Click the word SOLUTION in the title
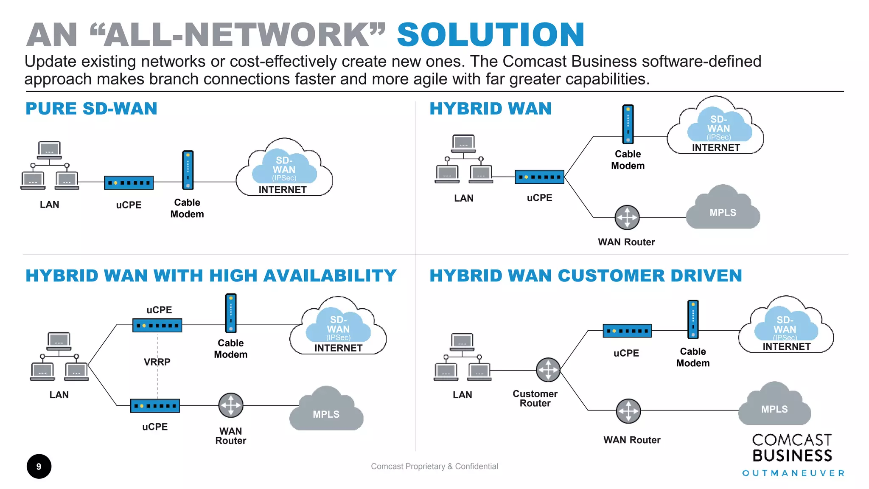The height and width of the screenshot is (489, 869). coord(491,35)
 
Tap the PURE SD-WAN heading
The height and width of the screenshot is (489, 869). coord(91,109)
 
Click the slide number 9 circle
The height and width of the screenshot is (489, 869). coord(39,467)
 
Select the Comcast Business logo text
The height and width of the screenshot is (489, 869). coord(792,448)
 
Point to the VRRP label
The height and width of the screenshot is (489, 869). coord(157,362)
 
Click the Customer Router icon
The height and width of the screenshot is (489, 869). coord(548,370)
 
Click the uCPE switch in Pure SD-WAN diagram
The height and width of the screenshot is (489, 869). coord(129,183)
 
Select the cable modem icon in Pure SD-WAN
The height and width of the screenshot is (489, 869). coord(188,170)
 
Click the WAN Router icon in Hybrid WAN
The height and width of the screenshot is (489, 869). coord(627,217)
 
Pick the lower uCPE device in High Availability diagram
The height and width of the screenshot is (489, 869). coord(155,406)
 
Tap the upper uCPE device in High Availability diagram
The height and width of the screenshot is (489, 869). coord(157,326)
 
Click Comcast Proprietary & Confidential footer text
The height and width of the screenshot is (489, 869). coord(434,467)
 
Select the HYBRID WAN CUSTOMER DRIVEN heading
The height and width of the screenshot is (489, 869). coord(586,276)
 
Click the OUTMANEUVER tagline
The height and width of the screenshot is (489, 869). coord(793,473)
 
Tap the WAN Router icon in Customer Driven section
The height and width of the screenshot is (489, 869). coord(628,411)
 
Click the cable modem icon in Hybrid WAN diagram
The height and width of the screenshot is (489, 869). coord(628,124)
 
